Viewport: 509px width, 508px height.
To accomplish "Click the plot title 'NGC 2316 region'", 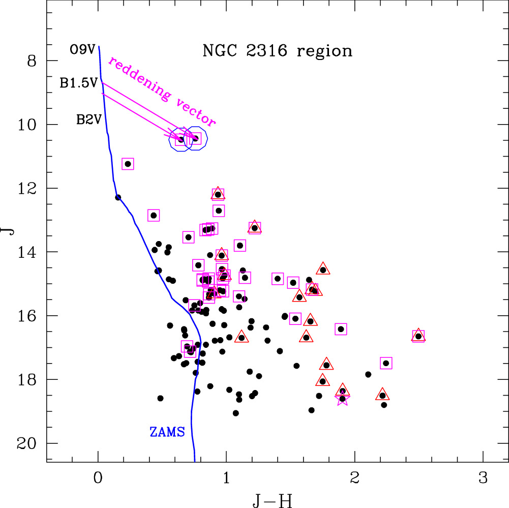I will click(277, 51).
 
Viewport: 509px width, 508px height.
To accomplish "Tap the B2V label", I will click(88, 121).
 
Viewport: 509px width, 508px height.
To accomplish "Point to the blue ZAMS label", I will click(167, 432).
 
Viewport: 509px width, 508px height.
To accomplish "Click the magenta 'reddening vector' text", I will click(162, 91).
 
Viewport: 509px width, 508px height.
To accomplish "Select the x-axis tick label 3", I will click(483, 478).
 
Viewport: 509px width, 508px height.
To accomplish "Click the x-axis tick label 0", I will click(98, 478).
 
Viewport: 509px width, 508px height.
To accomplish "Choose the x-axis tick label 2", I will click(354, 478).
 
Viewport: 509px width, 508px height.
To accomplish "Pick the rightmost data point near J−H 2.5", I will click(418, 336).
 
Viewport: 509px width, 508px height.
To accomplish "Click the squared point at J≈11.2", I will click(128, 164).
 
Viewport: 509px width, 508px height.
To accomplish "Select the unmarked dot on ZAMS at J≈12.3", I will click(118, 197).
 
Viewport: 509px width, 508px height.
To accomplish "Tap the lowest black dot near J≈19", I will click(236, 413).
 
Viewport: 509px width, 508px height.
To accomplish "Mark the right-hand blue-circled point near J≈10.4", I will click(195, 138).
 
